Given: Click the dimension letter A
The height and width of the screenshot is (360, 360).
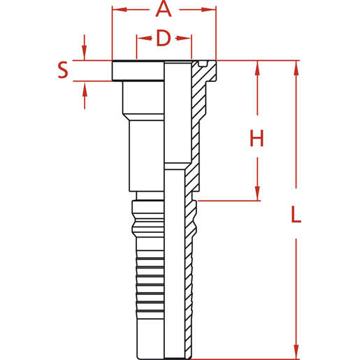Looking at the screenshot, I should tap(163, 10).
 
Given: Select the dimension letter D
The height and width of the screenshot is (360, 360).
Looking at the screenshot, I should tap(163, 38).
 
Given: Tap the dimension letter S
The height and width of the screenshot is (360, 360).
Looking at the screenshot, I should tap(63, 70).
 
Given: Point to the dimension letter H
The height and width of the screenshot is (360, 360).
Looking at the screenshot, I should tap(257, 138).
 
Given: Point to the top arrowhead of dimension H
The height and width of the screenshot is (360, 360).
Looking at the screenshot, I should tap(258, 68).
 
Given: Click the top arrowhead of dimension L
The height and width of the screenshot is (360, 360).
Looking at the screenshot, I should tap(296, 68).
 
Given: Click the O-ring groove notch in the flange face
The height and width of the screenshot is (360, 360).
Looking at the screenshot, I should tap(202, 64).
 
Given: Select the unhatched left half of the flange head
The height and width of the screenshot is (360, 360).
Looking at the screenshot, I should tap(138, 71).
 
